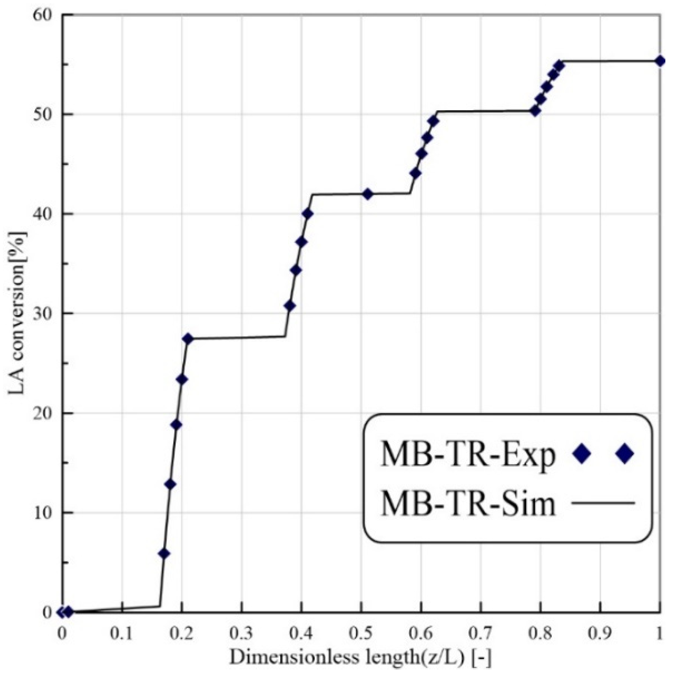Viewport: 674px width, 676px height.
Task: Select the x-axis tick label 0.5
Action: (x=361, y=633)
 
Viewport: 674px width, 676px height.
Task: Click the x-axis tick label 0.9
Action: (x=600, y=633)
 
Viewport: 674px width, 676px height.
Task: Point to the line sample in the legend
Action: (x=603, y=503)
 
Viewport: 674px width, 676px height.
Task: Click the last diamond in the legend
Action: (x=625, y=454)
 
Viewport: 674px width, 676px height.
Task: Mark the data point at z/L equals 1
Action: (x=660, y=61)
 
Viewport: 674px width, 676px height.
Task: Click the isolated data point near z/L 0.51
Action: (x=367, y=194)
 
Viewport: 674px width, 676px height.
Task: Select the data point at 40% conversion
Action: (x=307, y=214)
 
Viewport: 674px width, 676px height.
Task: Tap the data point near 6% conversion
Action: (x=164, y=553)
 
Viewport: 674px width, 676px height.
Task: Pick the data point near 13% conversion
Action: (x=170, y=484)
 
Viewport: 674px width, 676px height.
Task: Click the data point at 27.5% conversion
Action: (x=188, y=338)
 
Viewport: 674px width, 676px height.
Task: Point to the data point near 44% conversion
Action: (x=415, y=174)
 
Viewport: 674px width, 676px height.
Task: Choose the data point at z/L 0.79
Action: (x=535, y=111)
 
